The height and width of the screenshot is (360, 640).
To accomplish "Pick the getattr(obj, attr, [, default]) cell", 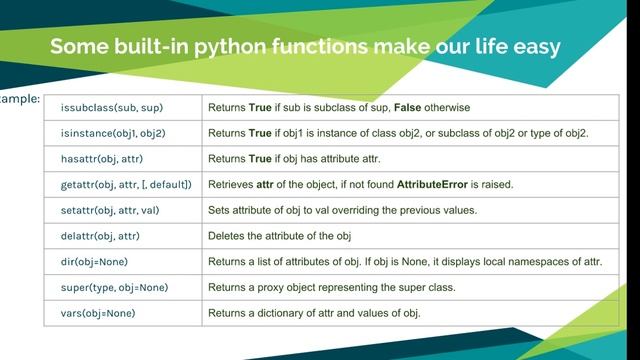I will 126,185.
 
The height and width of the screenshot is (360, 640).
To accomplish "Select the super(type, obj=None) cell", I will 115,288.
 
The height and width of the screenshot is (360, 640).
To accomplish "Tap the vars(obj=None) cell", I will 97,314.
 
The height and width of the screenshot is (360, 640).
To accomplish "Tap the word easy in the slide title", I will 537,46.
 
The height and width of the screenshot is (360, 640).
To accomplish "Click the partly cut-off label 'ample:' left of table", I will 19,100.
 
